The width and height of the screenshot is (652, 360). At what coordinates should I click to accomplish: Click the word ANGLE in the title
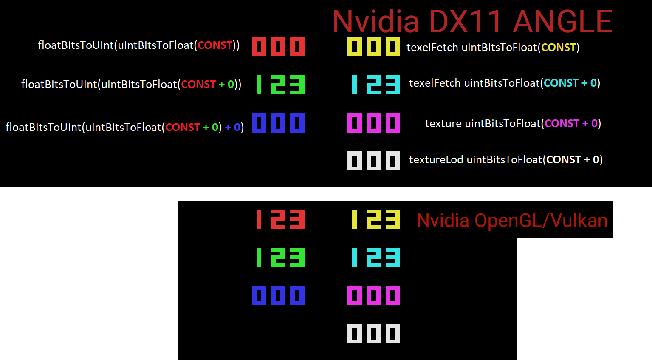[562, 22]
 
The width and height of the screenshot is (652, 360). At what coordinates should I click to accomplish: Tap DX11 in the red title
[466, 22]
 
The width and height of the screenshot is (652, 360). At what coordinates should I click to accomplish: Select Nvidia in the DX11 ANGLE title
[375, 22]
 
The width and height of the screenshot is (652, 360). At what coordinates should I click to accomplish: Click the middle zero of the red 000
[278, 47]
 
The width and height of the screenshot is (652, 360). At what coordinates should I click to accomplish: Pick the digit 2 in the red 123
[278, 219]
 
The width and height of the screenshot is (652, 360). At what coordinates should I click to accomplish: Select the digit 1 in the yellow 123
[354, 219]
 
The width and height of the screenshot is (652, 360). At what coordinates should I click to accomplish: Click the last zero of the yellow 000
[393, 47]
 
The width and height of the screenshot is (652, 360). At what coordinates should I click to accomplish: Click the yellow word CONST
[558, 47]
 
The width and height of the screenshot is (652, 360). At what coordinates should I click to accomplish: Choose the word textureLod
[436, 160]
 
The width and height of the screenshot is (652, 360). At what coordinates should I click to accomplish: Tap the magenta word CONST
[562, 124]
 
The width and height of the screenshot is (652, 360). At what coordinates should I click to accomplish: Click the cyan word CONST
[561, 83]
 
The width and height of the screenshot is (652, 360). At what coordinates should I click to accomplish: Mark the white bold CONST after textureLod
[563, 160]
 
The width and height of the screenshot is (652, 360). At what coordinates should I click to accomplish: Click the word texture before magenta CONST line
[443, 124]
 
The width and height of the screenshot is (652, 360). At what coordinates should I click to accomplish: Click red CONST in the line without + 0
[215, 45]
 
